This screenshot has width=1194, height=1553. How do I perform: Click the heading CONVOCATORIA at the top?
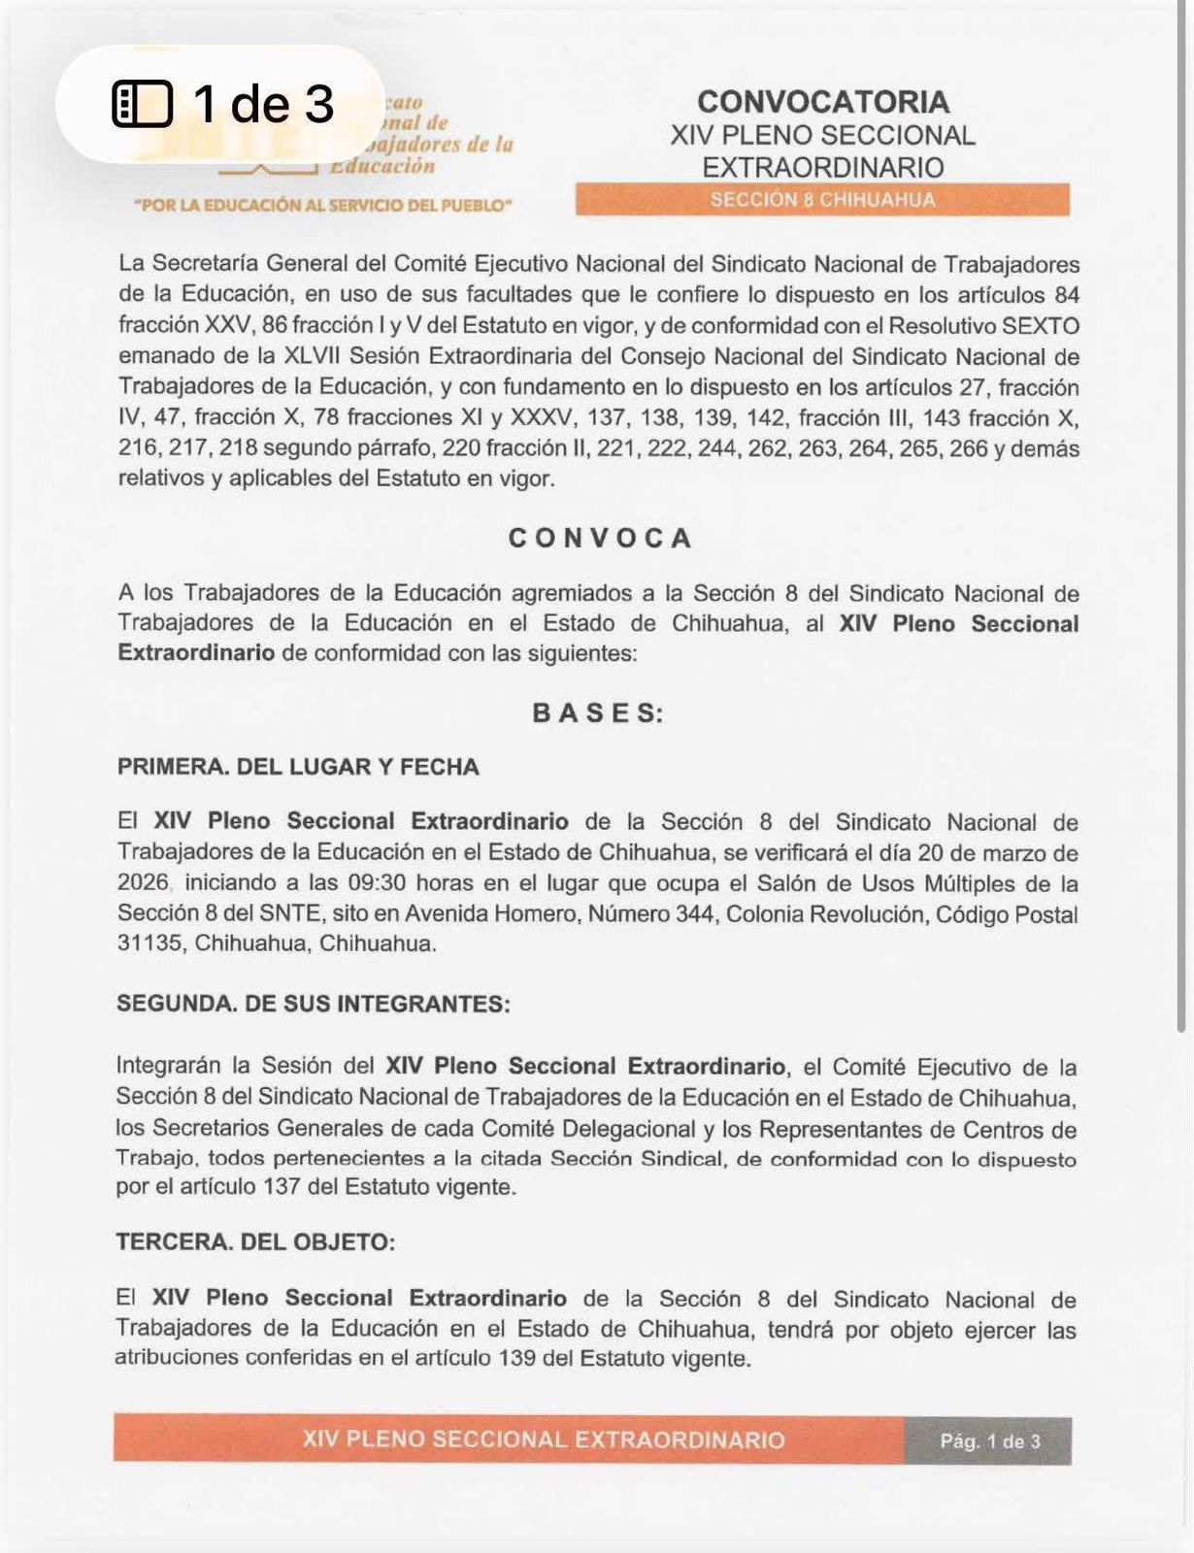tap(822, 102)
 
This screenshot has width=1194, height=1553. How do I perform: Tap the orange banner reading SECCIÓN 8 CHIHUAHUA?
tap(822, 200)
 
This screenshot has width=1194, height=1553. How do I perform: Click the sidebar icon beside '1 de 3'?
tap(143, 104)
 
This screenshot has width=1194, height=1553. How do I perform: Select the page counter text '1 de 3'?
tap(263, 104)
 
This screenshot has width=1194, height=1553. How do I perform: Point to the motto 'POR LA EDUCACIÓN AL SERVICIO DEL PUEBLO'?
tap(323, 206)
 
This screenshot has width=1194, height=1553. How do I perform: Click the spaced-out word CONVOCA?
tap(601, 539)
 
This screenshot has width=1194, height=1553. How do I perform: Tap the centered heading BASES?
tap(598, 713)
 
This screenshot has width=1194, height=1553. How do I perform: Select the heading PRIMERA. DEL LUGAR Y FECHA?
tap(298, 767)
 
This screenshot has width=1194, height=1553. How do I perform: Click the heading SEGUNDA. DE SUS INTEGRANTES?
tap(313, 1004)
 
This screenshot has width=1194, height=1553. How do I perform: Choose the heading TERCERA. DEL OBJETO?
tap(255, 1242)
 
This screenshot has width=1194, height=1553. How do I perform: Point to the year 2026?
tap(143, 883)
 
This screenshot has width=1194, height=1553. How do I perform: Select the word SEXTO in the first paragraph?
tap(1041, 326)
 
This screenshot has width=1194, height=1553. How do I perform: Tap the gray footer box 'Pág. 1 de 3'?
tap(988, 1441)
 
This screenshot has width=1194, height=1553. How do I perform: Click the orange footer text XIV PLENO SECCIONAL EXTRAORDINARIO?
tap(543, 1439)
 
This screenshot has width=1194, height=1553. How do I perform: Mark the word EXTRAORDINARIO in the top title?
tap(822, 168)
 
